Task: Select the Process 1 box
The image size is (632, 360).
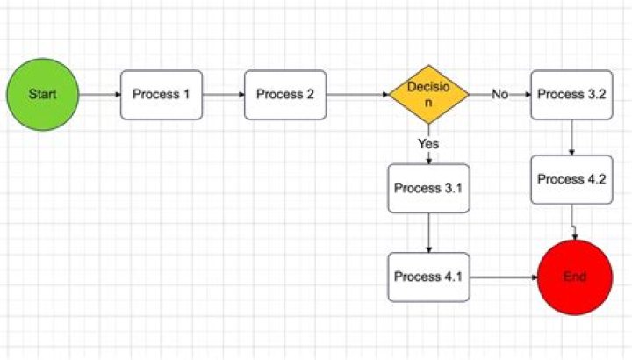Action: pos(162,95)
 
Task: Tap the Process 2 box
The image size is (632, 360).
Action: pos(285,95)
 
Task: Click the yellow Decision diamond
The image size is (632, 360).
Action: pos(428,95)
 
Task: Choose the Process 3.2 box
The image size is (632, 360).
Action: pos(571,95)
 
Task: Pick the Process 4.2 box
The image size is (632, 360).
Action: pos(571,180)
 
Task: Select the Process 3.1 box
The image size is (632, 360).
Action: pos(428,188)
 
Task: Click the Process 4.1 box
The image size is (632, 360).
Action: pos(428,277)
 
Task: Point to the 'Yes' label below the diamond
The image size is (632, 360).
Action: pos(428,142)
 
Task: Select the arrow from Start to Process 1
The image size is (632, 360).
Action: pos(99,95)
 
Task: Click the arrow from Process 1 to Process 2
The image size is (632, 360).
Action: pos(223,95)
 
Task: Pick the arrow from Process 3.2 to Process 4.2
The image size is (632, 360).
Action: pos(571,137)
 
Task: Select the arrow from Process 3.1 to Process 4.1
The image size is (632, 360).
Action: pos(428,232)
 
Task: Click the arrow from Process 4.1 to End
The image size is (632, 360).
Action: pos(503,277)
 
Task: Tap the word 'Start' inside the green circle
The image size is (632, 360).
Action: pos(42,94)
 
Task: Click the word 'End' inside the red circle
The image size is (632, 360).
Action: pos(574,277)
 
